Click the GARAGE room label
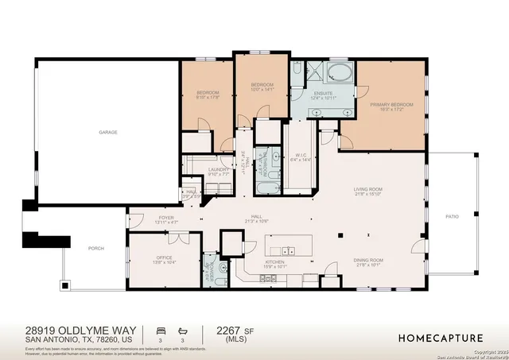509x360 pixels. pyautogui.click(x=108, y=132)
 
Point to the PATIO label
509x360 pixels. pyautogui.click(x=453, y=216)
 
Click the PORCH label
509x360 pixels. pyautogui.click(x=95, y=248)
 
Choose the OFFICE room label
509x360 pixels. pyautogui.click(x=163, y=257)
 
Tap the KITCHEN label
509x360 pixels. pyautogui.click(x=274, y=264)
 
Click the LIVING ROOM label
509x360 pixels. pyautogui.click(x=368, y=189)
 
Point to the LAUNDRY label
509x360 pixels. pyautogui.click(x=219, y=169)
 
